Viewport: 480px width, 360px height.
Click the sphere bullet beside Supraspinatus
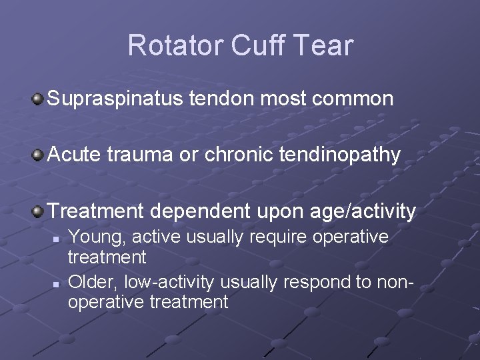pyautogui.click(x=38, y=100)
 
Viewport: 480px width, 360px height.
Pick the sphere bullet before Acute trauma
pyautogui.click(x=38, y=155)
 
